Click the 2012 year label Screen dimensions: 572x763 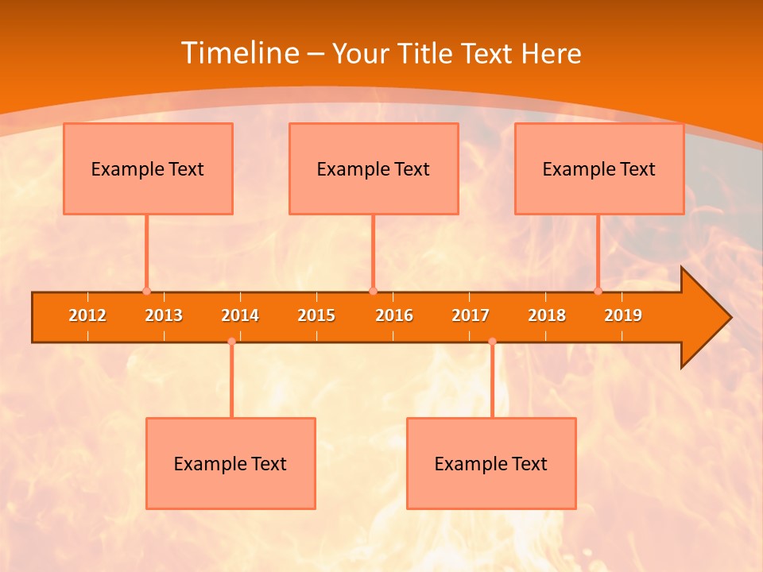click(87, 315)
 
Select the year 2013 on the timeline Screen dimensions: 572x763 click(164, 315)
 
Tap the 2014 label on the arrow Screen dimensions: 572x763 click(240, 315)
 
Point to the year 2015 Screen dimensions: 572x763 click(316, 315)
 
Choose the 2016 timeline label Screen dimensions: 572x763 click(394, 315)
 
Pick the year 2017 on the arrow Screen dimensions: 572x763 click(471, 315)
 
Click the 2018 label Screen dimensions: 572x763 click(547, 315)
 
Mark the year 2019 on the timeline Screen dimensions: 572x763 click(623, 315)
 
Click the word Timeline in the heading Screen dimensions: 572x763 click(238, 53)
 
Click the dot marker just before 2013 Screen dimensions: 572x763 click(146, 292)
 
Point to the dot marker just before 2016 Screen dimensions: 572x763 click(373, 292)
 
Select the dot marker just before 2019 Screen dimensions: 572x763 click(598, 292)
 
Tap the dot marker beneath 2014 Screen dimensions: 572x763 click(231, 342)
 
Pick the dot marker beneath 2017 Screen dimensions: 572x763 click(492, 342)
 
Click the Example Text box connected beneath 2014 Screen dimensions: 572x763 click(230, 463)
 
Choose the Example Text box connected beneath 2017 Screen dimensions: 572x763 click(491, 463)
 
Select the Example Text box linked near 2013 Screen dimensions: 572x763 click(148, 168)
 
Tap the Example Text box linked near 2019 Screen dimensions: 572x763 click(599, 168)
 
